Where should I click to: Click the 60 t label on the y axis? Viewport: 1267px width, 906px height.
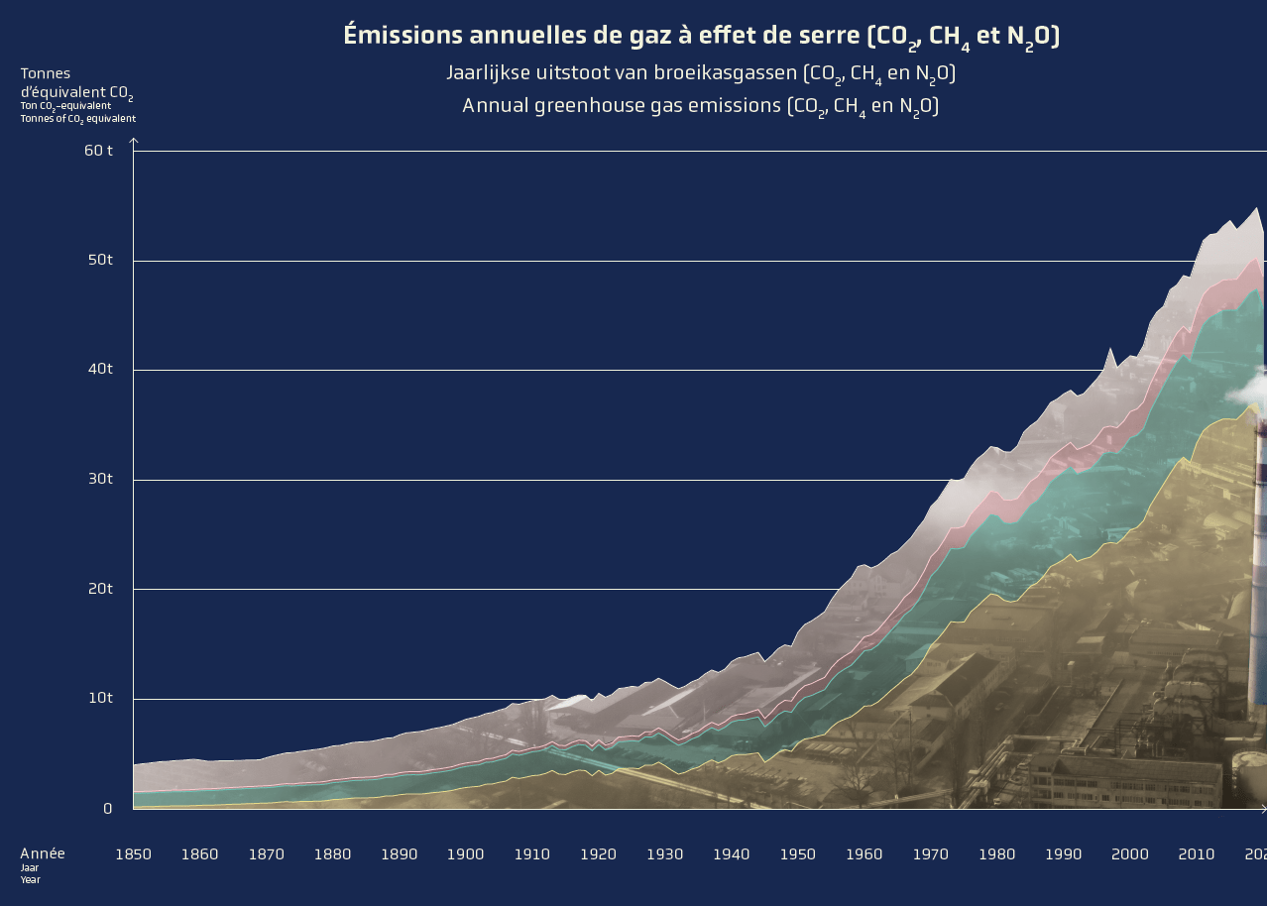pyautogui.click(x=98, y=151)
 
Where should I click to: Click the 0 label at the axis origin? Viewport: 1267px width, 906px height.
pyautogui.click(x=108, y=808)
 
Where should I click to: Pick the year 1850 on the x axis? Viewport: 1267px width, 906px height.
pyautogui.click(x=133, y=853)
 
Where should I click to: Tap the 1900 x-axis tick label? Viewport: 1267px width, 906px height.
pyautogui.click(x=465, y=853)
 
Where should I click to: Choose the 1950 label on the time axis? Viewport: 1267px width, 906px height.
pyautogui.click(x=797, y=853)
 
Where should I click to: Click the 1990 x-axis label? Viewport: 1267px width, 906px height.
pyautogui.click(x=1063, y=853)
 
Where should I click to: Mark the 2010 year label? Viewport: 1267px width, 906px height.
pyautogui.click(x=1196, y=853)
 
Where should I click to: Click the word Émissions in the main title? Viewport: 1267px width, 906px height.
pyautogui.click(x=403, y=36)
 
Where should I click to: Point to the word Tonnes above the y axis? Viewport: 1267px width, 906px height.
pyautogui.click(x=46, y=73)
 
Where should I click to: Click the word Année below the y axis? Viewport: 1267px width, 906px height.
pyautogui.click(x=43, y=853)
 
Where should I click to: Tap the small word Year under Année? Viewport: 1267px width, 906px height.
pyautogui.click(x=30, y=879)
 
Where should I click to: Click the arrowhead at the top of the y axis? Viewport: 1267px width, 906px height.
pyautogui.click(x=134, y=142)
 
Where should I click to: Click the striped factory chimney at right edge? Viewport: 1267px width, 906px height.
pyautogui.click(x=1259, y=555)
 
